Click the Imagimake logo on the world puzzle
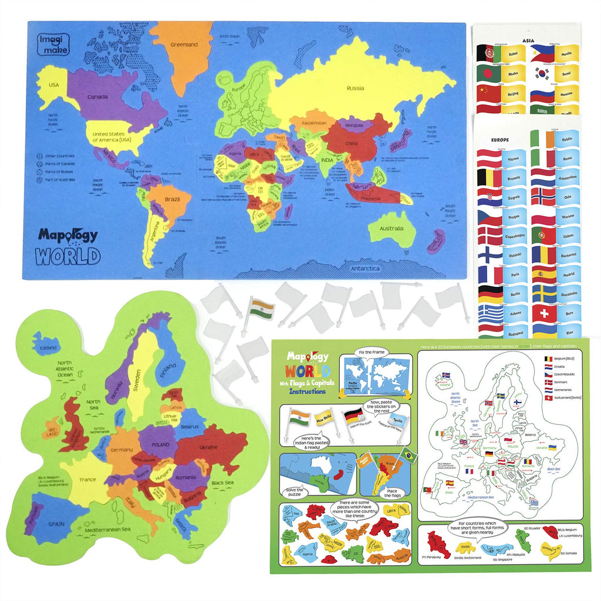click(53, 45)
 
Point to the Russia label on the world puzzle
click(355, 89)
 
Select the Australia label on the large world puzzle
click(391, 229)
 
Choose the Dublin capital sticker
click(566, 139)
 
